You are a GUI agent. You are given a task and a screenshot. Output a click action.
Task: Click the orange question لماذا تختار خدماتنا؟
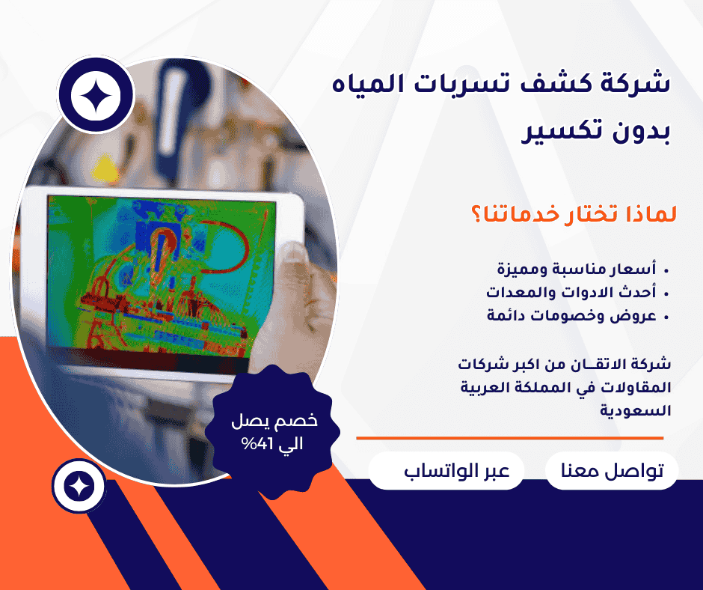pos(572,214)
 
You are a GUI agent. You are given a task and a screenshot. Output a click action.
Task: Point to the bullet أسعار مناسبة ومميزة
pos(577,268)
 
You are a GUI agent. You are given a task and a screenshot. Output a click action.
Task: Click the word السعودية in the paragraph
pos(638,411)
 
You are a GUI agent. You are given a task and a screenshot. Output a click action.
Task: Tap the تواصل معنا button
pos(612,472)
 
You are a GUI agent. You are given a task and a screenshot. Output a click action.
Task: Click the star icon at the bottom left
pos(76,486)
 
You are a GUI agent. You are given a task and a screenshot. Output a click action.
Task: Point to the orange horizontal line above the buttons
pos(509,438)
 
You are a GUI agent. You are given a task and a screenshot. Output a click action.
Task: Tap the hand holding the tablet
pos(299,299)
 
